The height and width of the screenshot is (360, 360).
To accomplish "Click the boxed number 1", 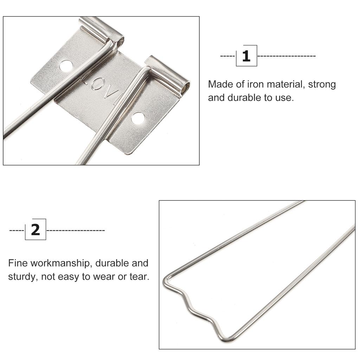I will [x=246, y=56].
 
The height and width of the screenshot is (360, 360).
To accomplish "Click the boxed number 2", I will [x=36, y=230].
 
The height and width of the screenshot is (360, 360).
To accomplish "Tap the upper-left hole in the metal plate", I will [x=66, y=65].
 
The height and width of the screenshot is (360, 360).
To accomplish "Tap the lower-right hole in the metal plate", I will [x=138, y=118].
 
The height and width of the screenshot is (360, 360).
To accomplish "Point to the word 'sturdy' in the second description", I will [x=21, y=277].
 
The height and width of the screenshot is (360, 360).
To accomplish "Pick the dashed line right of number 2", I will [x=76, y=230].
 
